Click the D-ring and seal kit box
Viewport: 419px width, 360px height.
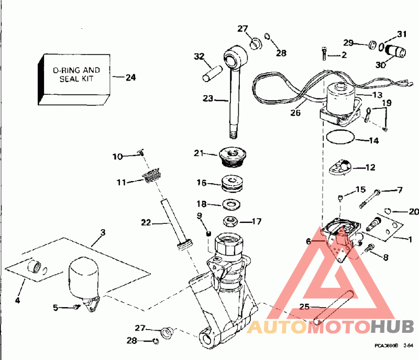pos(75,77)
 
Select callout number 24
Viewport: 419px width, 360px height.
pos(130,77)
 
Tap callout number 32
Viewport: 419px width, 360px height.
pos(199,56)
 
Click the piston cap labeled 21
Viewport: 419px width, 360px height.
pos(232,155)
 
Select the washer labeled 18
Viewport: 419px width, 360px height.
pos(230,203)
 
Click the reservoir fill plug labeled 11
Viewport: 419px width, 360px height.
pos(152,179)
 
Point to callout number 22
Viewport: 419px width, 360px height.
pos(146,222)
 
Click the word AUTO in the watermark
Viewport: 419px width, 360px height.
pos(277,328)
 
